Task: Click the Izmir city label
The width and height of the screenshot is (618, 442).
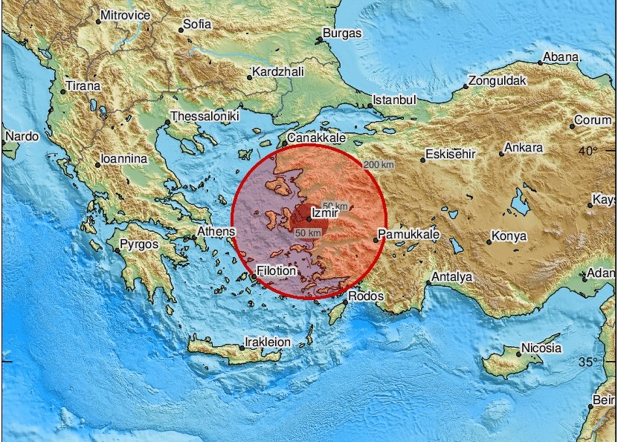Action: (325, 212)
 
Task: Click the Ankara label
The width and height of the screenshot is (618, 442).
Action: (524, 147)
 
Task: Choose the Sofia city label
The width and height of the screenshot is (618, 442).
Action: (197, 25)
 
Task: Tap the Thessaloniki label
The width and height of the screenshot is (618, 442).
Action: (204, 117)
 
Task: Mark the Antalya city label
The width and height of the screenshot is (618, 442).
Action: (453, 277)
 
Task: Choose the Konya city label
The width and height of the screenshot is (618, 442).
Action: (509, 237)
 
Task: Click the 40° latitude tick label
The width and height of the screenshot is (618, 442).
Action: (588, 152)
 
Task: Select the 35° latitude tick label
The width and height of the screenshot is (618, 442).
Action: (588, 362)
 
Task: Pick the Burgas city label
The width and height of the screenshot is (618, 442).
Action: (343, 33)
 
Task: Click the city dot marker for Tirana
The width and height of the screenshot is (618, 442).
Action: (63, 91)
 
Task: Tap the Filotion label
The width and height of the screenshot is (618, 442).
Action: (276, 272)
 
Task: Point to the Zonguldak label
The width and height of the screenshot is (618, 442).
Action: (498, 80)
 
